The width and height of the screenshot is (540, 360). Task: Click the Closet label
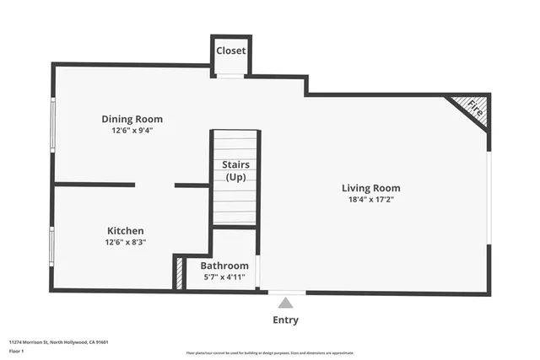point(230,51)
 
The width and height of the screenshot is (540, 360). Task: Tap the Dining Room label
point(132,119)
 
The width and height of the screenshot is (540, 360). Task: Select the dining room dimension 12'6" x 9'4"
point(132,131)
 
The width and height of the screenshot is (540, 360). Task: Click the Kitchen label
point(125,231)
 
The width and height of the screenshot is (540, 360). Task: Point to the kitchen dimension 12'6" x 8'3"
point(125,243)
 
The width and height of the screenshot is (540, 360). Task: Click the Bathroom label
point(224,265)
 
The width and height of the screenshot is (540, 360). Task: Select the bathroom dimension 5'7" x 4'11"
point(224,277)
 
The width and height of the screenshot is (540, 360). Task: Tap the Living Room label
point(370,188)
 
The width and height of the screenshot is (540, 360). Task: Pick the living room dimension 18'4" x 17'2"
point(370,200)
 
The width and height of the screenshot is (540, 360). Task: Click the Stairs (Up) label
point(235,170)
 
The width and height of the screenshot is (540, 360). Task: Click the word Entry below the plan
point(285,320)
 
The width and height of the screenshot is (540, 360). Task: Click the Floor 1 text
point(17,351)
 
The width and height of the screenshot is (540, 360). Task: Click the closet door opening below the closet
point(230,77)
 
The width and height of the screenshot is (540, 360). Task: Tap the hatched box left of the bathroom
point(180,273)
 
